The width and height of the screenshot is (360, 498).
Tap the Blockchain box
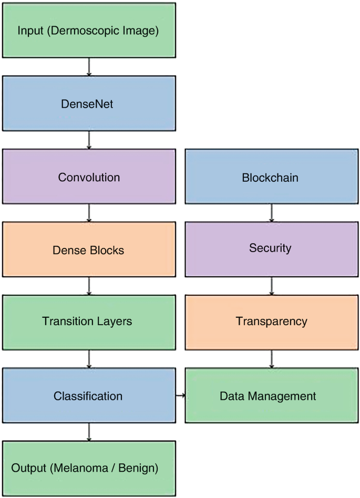point(271,177)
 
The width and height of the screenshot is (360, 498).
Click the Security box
point(271,248)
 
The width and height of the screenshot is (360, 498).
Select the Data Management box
point(271,396)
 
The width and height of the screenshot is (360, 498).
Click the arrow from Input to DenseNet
point(89,66)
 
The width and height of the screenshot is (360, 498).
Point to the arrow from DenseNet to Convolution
point(89,140)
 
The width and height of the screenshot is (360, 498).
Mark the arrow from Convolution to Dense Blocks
point(89,213)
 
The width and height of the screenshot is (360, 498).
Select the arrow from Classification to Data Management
point(180,395)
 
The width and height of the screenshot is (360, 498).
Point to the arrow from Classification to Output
point(89,432)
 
